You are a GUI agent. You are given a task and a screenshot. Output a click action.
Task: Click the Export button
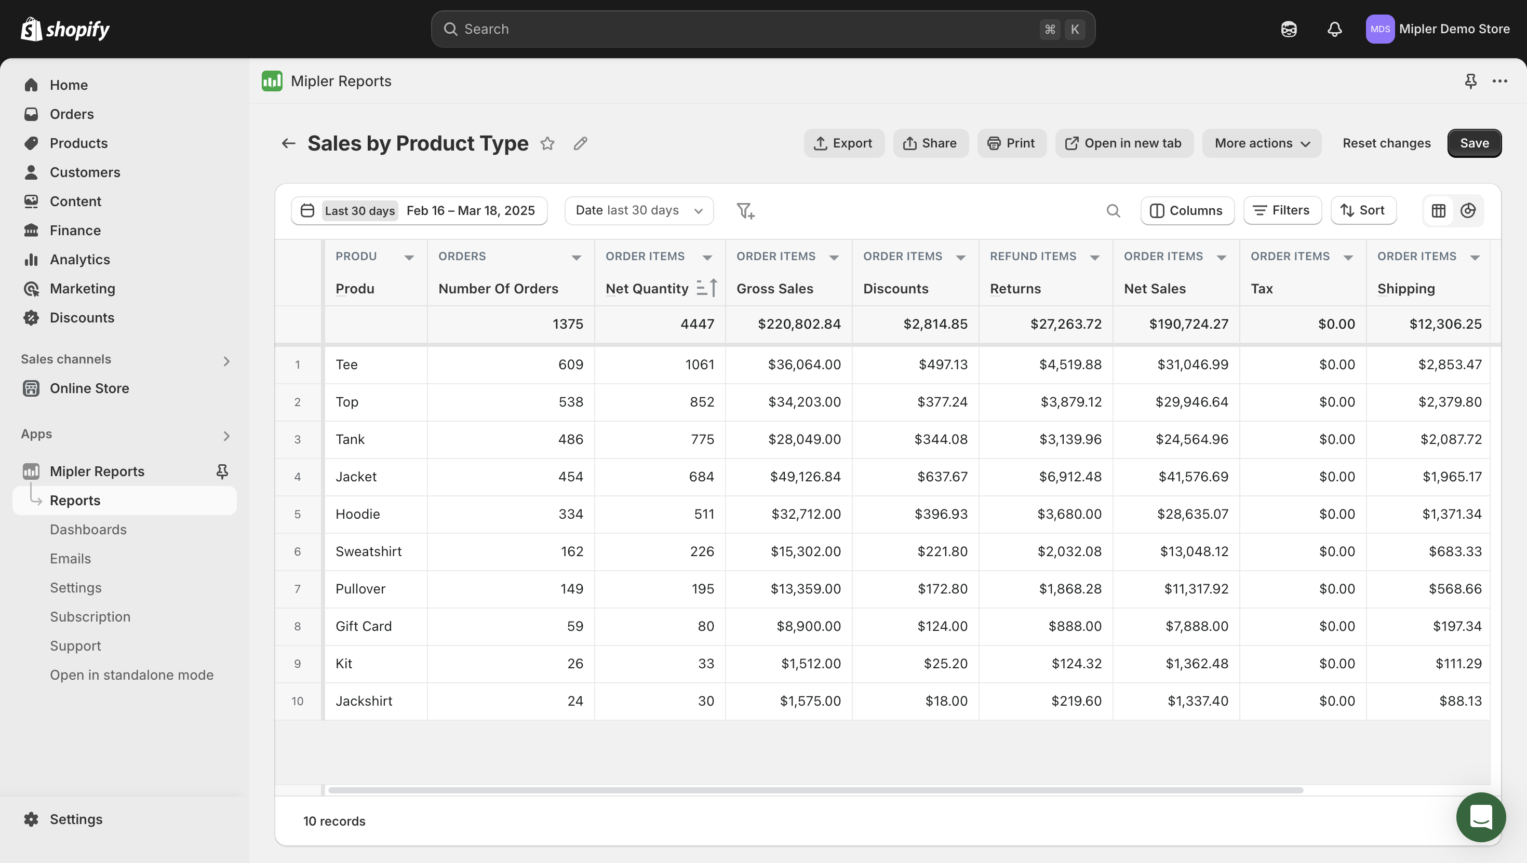pos(843,143)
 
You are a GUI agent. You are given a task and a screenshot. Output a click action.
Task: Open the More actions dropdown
pos(1262,143)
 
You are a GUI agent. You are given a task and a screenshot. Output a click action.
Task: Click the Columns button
pos(1187,210)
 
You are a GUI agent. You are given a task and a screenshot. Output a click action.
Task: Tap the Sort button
pos(1363,210)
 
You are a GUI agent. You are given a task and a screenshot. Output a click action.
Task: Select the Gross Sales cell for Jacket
pos(805,477)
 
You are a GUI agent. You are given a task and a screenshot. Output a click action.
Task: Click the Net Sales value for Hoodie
pos(1192,514)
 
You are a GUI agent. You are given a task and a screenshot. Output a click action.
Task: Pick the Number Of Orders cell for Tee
pos(570,365)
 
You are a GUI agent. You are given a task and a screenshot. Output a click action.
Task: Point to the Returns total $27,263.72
pos(1065,324)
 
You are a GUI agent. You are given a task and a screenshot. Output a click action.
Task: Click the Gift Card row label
pos(364,626)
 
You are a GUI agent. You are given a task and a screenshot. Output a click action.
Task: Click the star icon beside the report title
pos(547,143)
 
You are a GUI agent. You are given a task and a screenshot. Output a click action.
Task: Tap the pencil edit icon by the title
pos(580,143)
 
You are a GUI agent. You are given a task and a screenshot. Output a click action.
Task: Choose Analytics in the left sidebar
pos(79,260)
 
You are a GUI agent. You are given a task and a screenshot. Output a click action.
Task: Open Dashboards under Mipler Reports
pos(88,529)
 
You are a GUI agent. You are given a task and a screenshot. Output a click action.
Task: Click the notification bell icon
pos(1334,29)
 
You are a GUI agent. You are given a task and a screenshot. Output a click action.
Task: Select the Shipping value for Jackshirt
pos(1459,700)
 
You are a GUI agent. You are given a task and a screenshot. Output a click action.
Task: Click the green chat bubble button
pos(1480,817)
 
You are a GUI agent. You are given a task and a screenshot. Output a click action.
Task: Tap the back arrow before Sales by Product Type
pos(288,143)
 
